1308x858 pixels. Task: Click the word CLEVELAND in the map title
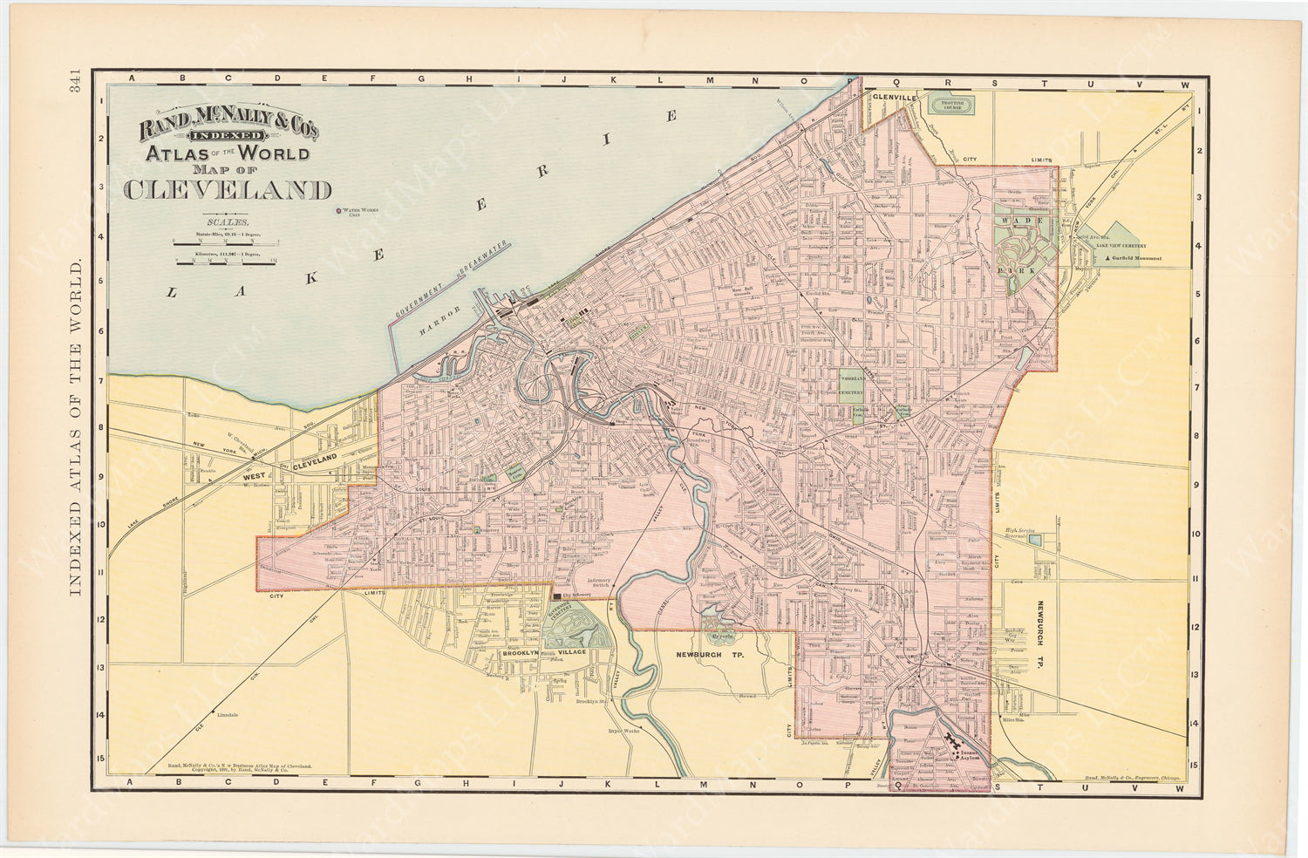point(228,189)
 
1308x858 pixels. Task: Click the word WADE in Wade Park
point(1017,221)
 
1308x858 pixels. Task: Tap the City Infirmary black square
point(556,596)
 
